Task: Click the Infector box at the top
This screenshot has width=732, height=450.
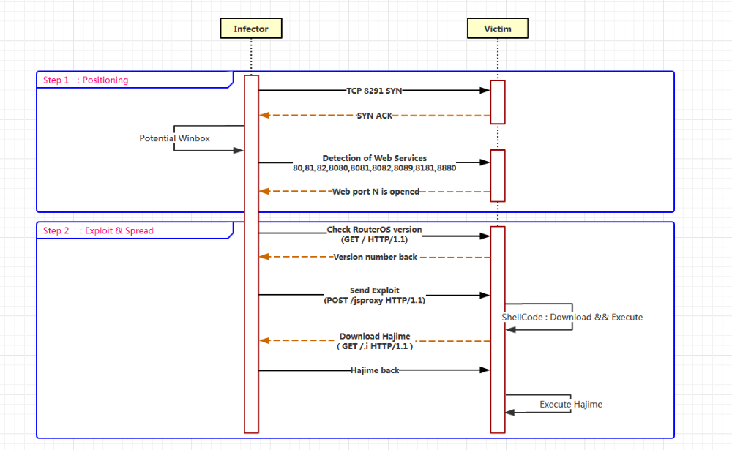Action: tap(251, 29)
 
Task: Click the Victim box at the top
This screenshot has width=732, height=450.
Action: tap(498, 29)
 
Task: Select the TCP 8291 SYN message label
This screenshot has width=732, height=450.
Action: tap(374, 91)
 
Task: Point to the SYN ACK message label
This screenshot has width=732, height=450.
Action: tap(375, 116)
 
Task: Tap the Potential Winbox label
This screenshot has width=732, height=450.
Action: tap(175, 138)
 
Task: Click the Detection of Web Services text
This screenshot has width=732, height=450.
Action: tap(375, 158)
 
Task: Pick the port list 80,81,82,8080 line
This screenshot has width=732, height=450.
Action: tap(375, 168)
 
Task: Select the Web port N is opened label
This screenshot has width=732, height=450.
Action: tap(376, 192)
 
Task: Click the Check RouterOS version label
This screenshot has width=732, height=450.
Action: tap(374, 230)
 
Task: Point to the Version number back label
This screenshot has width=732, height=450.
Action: tap(376, 258)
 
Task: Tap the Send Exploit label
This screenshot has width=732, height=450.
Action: tap(375, 290)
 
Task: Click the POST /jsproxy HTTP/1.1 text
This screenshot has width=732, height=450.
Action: tap(375, 300)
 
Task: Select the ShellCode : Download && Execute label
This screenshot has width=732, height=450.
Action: tap(572, 318)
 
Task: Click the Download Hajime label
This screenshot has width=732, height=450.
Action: tap(375, 337)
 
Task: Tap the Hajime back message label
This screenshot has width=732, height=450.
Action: tap(375, 371)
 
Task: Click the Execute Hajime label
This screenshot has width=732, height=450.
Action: tap(571, 405)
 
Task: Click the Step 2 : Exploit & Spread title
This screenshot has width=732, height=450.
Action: tap(98, 231)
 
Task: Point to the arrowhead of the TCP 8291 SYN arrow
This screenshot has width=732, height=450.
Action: tap(485, 91)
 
